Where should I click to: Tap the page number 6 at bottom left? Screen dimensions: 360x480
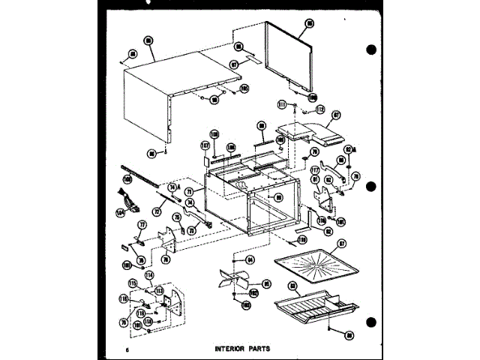[128, 349]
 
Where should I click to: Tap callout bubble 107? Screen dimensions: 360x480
[204, 145]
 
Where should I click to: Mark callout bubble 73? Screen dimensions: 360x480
[190, 231]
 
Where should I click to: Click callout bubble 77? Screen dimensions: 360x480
[140, 224]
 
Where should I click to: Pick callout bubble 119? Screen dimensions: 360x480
[303, 240]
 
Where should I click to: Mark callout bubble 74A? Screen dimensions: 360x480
[172, 187]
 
